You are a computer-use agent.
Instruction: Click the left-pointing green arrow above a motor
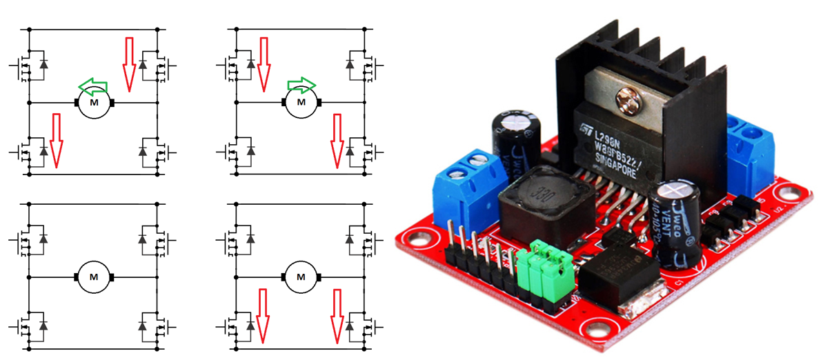pos(93,86)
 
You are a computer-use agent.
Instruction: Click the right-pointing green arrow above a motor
pos(301,85)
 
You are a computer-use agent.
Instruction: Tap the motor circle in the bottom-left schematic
pos(94,277)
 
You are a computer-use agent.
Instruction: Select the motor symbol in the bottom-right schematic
pos(301,277)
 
